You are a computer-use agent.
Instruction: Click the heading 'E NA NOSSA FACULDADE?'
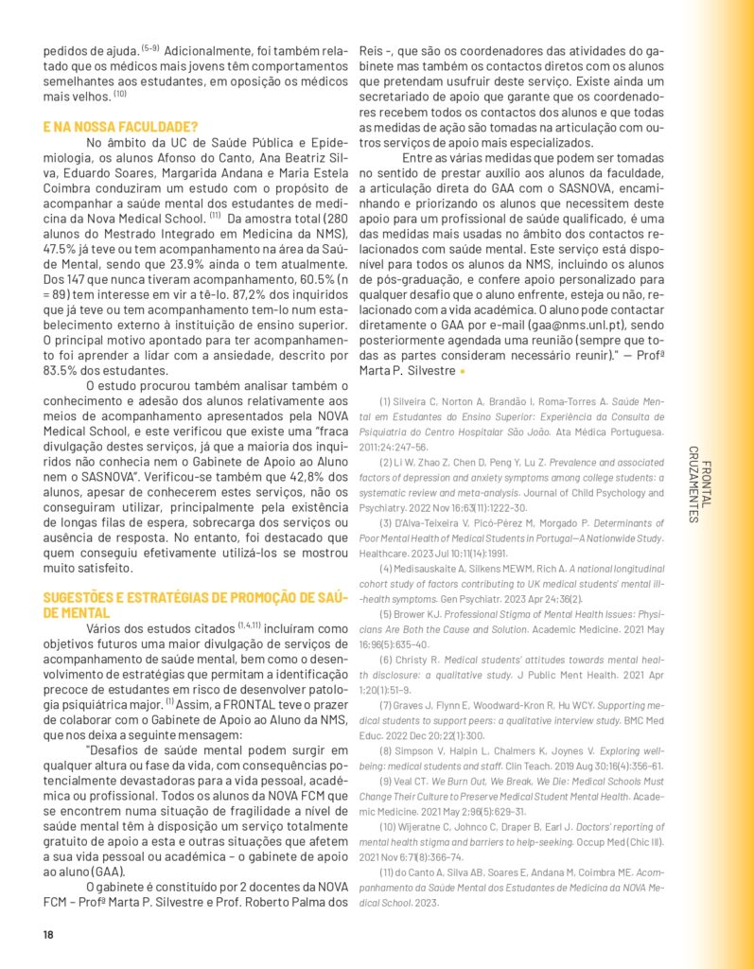120,126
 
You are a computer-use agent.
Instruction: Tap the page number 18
48,935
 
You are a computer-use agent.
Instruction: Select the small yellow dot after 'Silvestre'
462,371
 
